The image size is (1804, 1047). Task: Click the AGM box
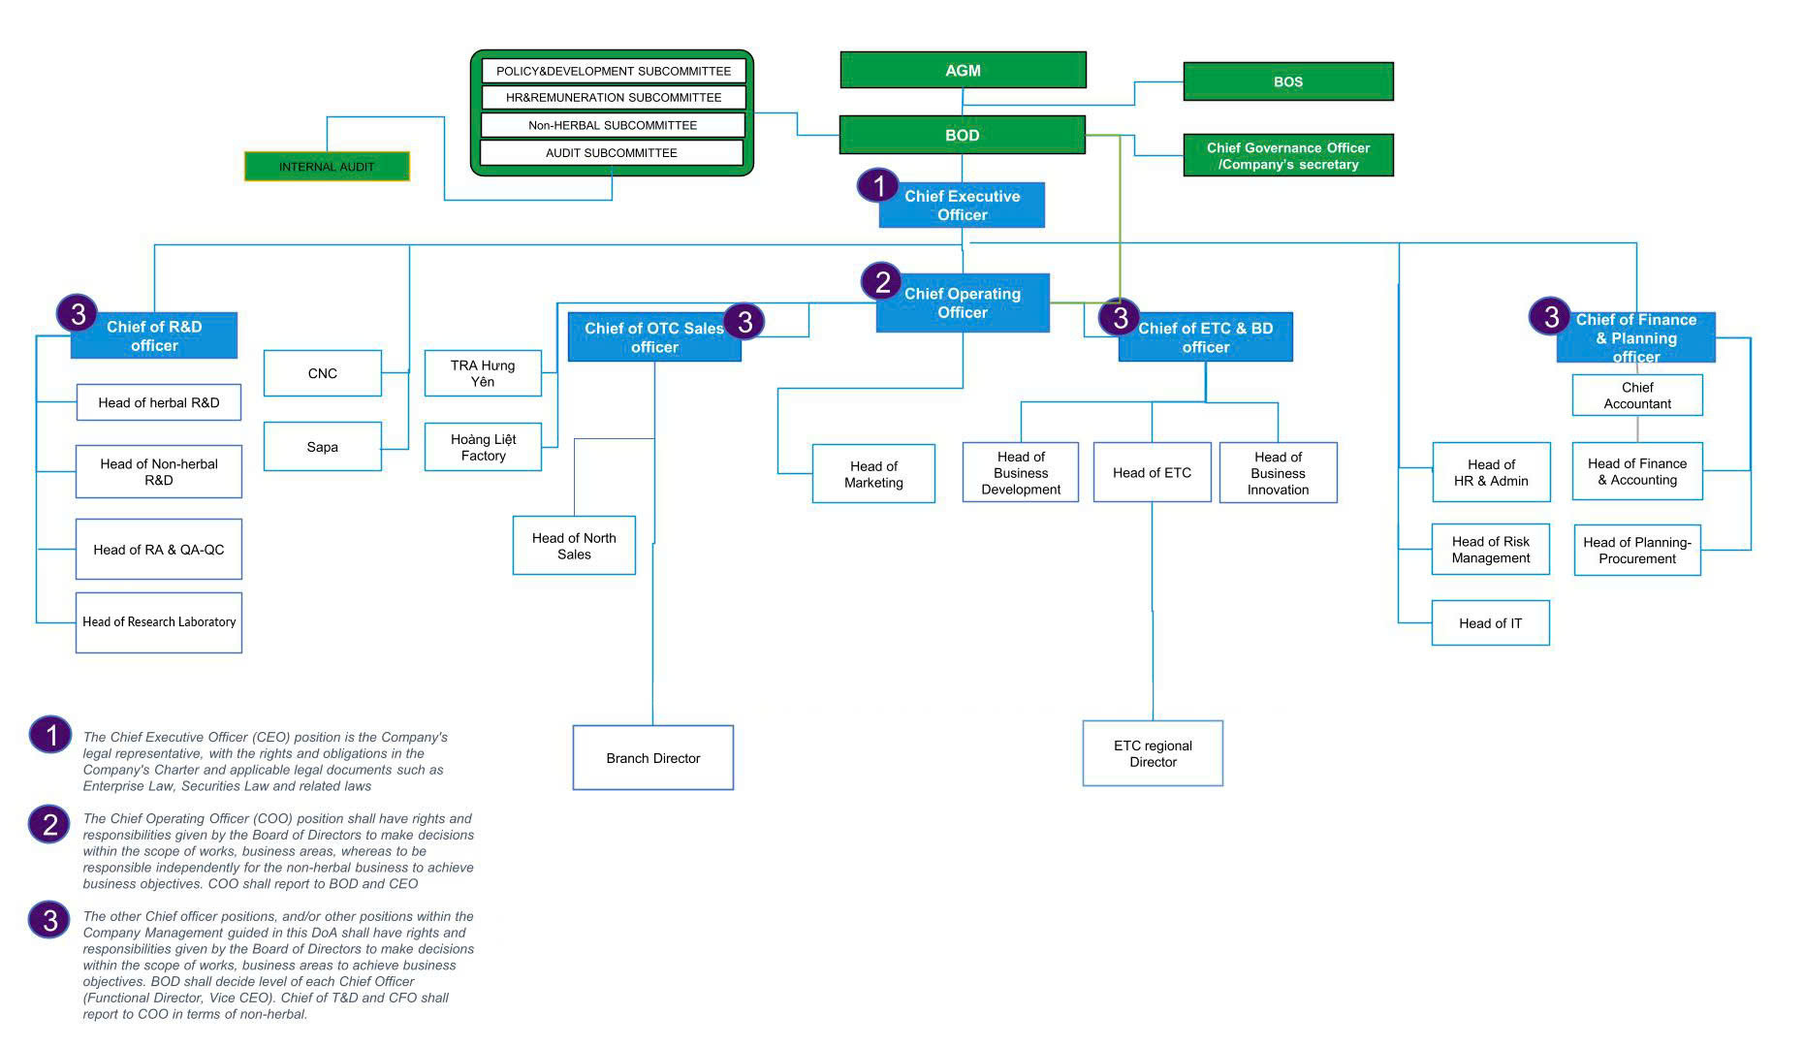click(x=963, y=70)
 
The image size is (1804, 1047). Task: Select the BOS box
click(x=1287, y=81)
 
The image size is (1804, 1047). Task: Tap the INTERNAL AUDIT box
click(x=327, y=166)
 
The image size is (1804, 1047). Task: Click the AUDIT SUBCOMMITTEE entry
click(x=611, y=152)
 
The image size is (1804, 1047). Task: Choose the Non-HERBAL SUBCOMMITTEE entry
click(x=612, y=125)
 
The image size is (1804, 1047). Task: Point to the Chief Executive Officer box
click(x=962, y=206)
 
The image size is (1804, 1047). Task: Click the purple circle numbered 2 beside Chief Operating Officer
click(x=882, y=282)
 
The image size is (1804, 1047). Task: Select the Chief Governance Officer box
click(x=1287, y=155)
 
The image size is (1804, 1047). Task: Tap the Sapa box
click(x=322, y=447)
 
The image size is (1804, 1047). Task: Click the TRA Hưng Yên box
click(x=483, y=373)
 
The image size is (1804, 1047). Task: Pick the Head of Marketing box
click(x=872, y=474)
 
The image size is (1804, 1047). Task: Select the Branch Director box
click(x=652, y=758)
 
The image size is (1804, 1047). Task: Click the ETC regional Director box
click(x=1152, y=753)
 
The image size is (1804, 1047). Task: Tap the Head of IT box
click(x=1490, y=622)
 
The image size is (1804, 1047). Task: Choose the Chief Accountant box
click(x=1636, y=396)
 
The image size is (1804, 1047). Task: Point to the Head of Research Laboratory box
click(x=159, y=622)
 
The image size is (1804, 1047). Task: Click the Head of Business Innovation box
click(x=1278, y=473)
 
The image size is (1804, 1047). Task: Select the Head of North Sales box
click(x=574, y=546)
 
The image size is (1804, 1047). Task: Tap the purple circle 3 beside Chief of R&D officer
click(x=78, y=314)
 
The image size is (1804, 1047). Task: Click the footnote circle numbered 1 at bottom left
click(x=49, y=735)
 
